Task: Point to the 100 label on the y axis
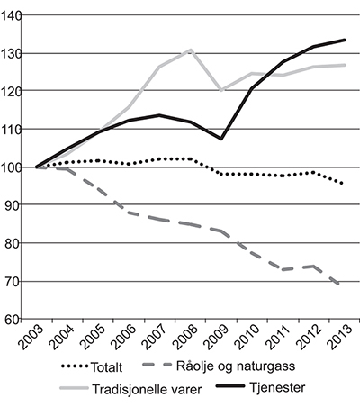[15, 167]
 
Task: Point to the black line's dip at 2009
[221, 138]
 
